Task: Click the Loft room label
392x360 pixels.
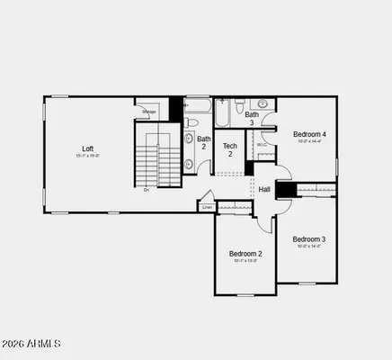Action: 87,148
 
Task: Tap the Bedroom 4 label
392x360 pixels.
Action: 308,134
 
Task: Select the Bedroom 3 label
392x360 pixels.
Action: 308,238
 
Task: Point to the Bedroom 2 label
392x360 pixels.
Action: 245,254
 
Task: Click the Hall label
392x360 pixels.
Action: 264,189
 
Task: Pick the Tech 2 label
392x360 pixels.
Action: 230,149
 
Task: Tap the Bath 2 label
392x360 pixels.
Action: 204,142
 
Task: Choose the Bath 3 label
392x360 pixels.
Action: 253,118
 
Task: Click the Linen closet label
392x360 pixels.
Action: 208,207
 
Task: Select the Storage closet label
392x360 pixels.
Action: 149,112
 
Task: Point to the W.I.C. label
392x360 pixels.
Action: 261,145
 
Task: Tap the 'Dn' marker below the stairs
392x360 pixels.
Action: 147,190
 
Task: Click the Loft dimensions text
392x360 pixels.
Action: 87,157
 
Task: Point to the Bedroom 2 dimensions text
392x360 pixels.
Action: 245,261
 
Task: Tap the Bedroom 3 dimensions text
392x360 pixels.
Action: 308,246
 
